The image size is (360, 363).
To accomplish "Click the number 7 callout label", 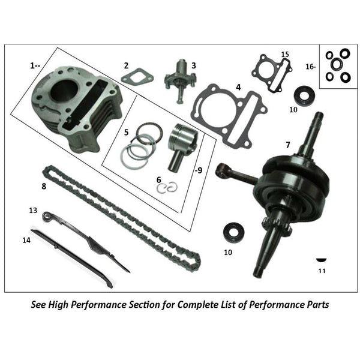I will click(x=287, y=146).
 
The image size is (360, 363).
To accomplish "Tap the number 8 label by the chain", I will click(x=44, y=187).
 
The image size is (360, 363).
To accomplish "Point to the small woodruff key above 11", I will click(x=322, y=259).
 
